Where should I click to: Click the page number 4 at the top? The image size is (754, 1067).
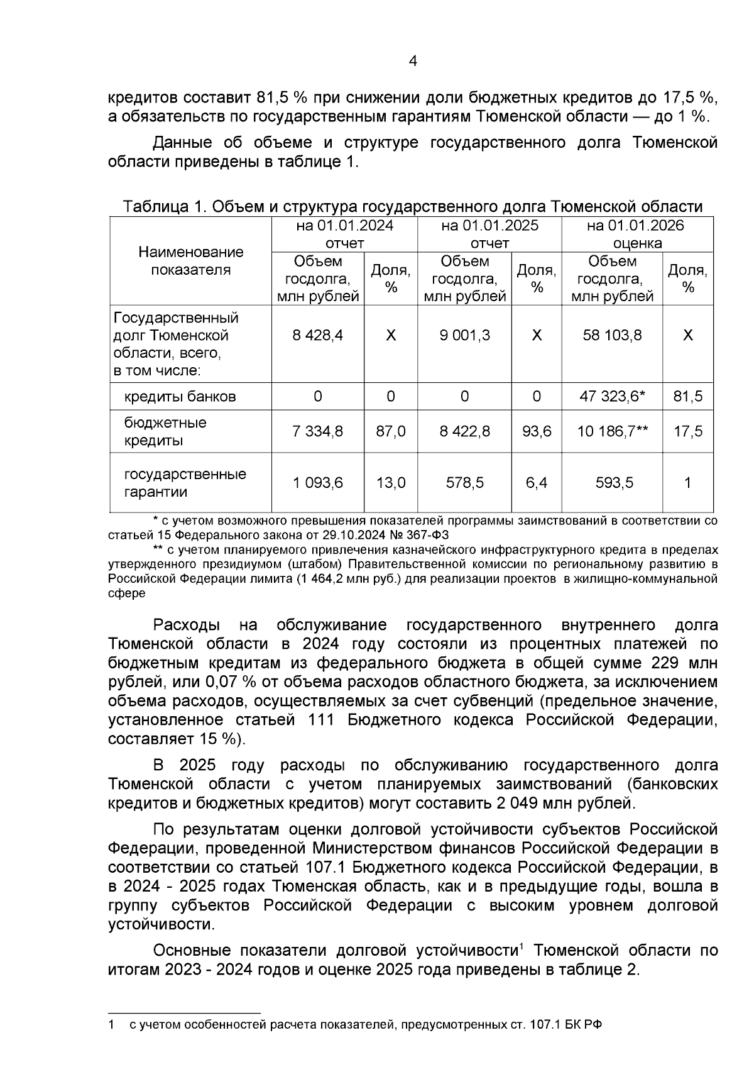pyautogui.click(x=413, y=61)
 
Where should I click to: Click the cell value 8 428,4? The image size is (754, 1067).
pyautogui.click(x=318, y=335)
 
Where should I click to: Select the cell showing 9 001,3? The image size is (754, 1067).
pyautogui.click(x=465, y=335)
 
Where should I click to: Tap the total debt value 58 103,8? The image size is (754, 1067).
pyautogui.click(x=613, y=335)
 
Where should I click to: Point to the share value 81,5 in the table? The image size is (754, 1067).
pyautogui.click(x=688, y=397)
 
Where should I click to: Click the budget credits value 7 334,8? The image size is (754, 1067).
pyautogui.click(x=318, y=431)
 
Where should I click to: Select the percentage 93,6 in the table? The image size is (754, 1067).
pyautogui.click(x=537, y=431)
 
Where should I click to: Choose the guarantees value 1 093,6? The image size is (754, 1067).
pyautogui.click(x=318, y=483)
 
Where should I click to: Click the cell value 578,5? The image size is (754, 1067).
pyautogui.click(x=465, y=483)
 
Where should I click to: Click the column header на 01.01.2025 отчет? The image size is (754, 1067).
pyautogui.click(x=489, y=234)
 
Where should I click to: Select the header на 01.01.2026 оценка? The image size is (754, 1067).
pyautogui.click(x=636, y=234)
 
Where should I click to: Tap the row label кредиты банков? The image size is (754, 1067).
pyautogui.click(x=180, y=397)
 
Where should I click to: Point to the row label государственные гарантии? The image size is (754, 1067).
pyautogui.click(x=185, y=483)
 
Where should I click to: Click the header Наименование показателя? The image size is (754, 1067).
pyautogui.click(x=191, y=261)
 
